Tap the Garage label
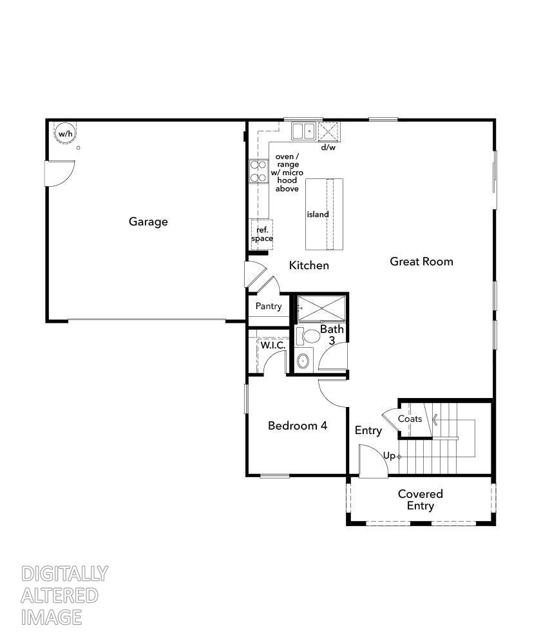coord(148,222)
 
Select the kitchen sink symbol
coord(303,131)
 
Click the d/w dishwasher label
coord(328,147)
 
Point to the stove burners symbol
coord(258,171)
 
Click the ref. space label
coord(262,234)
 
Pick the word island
coord(318,214)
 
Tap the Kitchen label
coord(309,265)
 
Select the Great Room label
coord(421,261)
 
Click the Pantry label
coord(269,307)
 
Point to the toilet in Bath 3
coord(310,336)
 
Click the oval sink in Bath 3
coord(303,360)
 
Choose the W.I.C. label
coord(273,346)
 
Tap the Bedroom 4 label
coord(298,426)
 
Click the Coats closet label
coord(410,419)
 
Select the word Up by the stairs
coord(389,456)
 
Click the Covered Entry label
coord(421,500)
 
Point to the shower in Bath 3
coord(321,308)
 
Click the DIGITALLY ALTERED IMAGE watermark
coord(64,595)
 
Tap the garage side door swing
coord(58,173)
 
